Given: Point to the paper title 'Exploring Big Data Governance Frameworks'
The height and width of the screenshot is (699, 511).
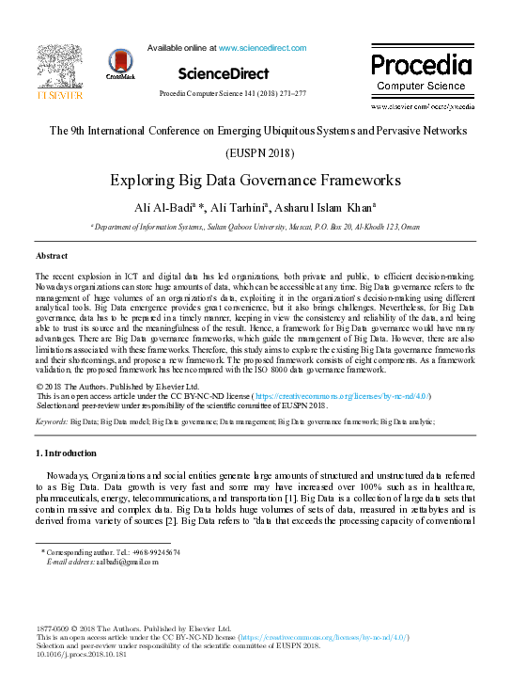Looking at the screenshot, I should pos(255,180).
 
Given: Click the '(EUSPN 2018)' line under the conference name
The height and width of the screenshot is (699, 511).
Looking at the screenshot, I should pos(255,152).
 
